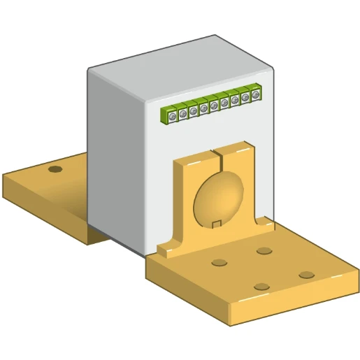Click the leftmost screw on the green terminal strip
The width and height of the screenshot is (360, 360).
(172, 115)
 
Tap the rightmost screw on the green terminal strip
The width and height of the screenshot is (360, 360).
(256, 92)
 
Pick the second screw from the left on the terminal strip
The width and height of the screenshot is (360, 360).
(182, 112)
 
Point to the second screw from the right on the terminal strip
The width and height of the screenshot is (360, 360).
(245, 95)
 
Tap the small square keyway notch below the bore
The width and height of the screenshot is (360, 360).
(217, 224)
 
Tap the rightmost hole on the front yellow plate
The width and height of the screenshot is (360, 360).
(306, 274)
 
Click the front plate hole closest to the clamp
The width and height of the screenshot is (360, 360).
(264, 250)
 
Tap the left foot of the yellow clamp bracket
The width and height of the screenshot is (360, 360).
(168, 248)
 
